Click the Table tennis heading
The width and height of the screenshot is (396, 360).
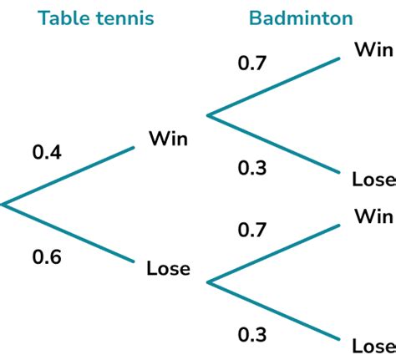point(96,18)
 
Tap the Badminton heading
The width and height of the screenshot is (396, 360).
point(301,18)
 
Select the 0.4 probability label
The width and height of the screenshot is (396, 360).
point(47,152)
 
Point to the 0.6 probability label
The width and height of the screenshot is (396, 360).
point(47,256)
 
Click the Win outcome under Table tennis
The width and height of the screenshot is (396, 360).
point(169,139)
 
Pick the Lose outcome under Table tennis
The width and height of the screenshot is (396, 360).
point(169,268)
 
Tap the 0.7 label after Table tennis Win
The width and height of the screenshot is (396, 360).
point(252,63)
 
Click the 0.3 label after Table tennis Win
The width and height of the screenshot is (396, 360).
point(252,168)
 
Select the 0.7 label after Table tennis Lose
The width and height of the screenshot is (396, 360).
point(252,230)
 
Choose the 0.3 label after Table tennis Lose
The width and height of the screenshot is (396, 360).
point(252,334)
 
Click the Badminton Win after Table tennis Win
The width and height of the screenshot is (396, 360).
point(374,49)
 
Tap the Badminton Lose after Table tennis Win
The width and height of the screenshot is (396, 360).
point(374,179)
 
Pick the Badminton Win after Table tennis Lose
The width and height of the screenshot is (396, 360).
point(374,216)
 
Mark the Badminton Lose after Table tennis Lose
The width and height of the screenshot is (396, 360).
point(374,346)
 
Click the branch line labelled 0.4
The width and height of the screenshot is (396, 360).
point(68,176)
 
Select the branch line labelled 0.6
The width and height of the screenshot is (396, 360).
point(68,233)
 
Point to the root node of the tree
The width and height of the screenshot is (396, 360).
point(3,205)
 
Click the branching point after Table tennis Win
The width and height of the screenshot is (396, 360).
point(208,115)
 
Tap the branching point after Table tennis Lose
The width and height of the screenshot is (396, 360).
point(208,282)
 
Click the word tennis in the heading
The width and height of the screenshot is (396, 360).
point(125,18)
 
